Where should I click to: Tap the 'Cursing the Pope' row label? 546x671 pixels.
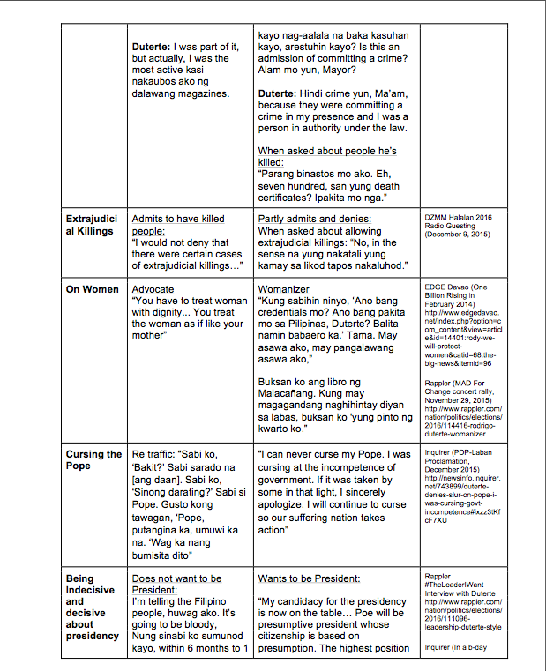pyautogui.click(x=94, y=460)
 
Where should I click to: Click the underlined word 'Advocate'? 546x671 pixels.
pyautogui.click(x=153, y=288)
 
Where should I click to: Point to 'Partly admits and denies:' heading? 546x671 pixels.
pyautogui.click(x=314, y=218)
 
